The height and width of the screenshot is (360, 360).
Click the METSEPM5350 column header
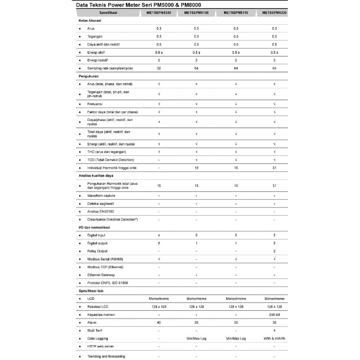(159, 13)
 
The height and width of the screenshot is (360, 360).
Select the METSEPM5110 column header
(236, 13)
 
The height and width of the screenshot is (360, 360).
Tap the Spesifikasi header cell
(108, 13)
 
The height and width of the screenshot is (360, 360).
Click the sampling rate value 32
(159, 68)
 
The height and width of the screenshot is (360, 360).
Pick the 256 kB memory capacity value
(274, 315)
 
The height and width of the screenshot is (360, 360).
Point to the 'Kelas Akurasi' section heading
(90, 20)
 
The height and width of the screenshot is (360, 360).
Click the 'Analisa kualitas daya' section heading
(96, 175)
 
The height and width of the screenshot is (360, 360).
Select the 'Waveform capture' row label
(101, 195)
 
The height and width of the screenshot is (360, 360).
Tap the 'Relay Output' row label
(97, 251)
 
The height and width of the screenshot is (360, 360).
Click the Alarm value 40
(159, 322)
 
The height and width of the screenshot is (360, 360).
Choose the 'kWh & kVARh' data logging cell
(274, 339)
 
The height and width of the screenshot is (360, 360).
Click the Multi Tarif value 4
(274, 330)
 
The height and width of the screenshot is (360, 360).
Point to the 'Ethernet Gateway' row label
(101, 275)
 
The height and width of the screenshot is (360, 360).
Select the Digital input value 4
(159, 235)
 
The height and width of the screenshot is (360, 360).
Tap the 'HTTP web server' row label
(101, 346)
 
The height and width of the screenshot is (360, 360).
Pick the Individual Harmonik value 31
(274, 168)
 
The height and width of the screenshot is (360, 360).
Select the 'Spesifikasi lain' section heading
(91, 291)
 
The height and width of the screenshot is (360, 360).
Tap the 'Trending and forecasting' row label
(106, 356)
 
